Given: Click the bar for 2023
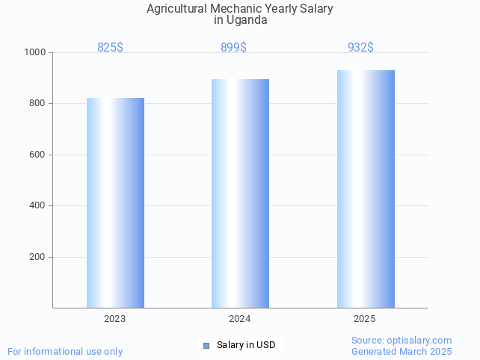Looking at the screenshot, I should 115,202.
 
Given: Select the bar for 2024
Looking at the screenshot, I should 240,193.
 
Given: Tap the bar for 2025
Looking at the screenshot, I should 366,189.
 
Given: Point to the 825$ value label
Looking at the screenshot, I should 110,47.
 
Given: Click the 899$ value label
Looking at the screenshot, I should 233,47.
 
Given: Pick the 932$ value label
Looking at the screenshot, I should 360,47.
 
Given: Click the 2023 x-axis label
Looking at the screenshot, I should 114,319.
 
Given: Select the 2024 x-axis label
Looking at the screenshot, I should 239,319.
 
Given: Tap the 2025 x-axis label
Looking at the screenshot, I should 365,319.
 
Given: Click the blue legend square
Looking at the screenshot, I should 206,345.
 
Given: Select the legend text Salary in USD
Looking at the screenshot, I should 246,345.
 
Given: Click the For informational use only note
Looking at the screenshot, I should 65,351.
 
